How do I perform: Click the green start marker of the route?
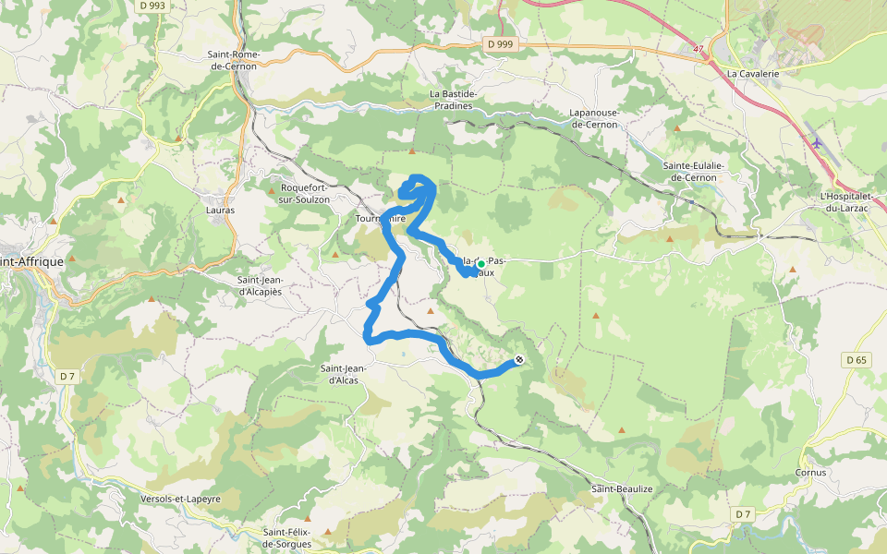pyautogui.click(x=480, y=263)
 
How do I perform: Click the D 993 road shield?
pyautogui.click(x=154, y=6)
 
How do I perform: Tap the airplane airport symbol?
pyautogui.click(x=816, y=142)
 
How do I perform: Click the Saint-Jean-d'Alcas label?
pyautogui.click(x=345, y=374)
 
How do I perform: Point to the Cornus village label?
pyautogui.click(x=810, y=472)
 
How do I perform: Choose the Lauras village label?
pyautogui.click(x=220, y=210)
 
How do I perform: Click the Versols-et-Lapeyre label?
pyautogui.click(x=180, y=499)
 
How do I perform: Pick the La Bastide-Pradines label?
pyautogui.click(x=453, y=100)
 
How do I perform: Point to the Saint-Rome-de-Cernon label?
pyautogui.click(x=234, y=60)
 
